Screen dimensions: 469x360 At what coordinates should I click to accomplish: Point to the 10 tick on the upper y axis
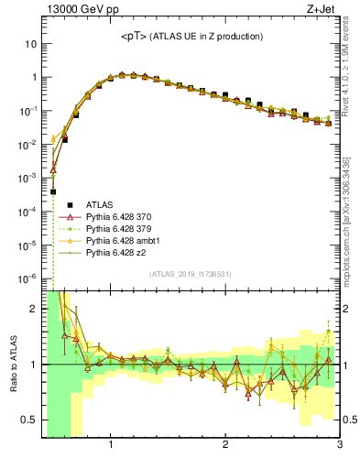click(30, 44)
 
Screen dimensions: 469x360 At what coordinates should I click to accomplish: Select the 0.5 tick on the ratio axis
click(28, 420)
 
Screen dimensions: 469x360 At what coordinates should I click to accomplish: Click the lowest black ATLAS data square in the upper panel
click(53, 192)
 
